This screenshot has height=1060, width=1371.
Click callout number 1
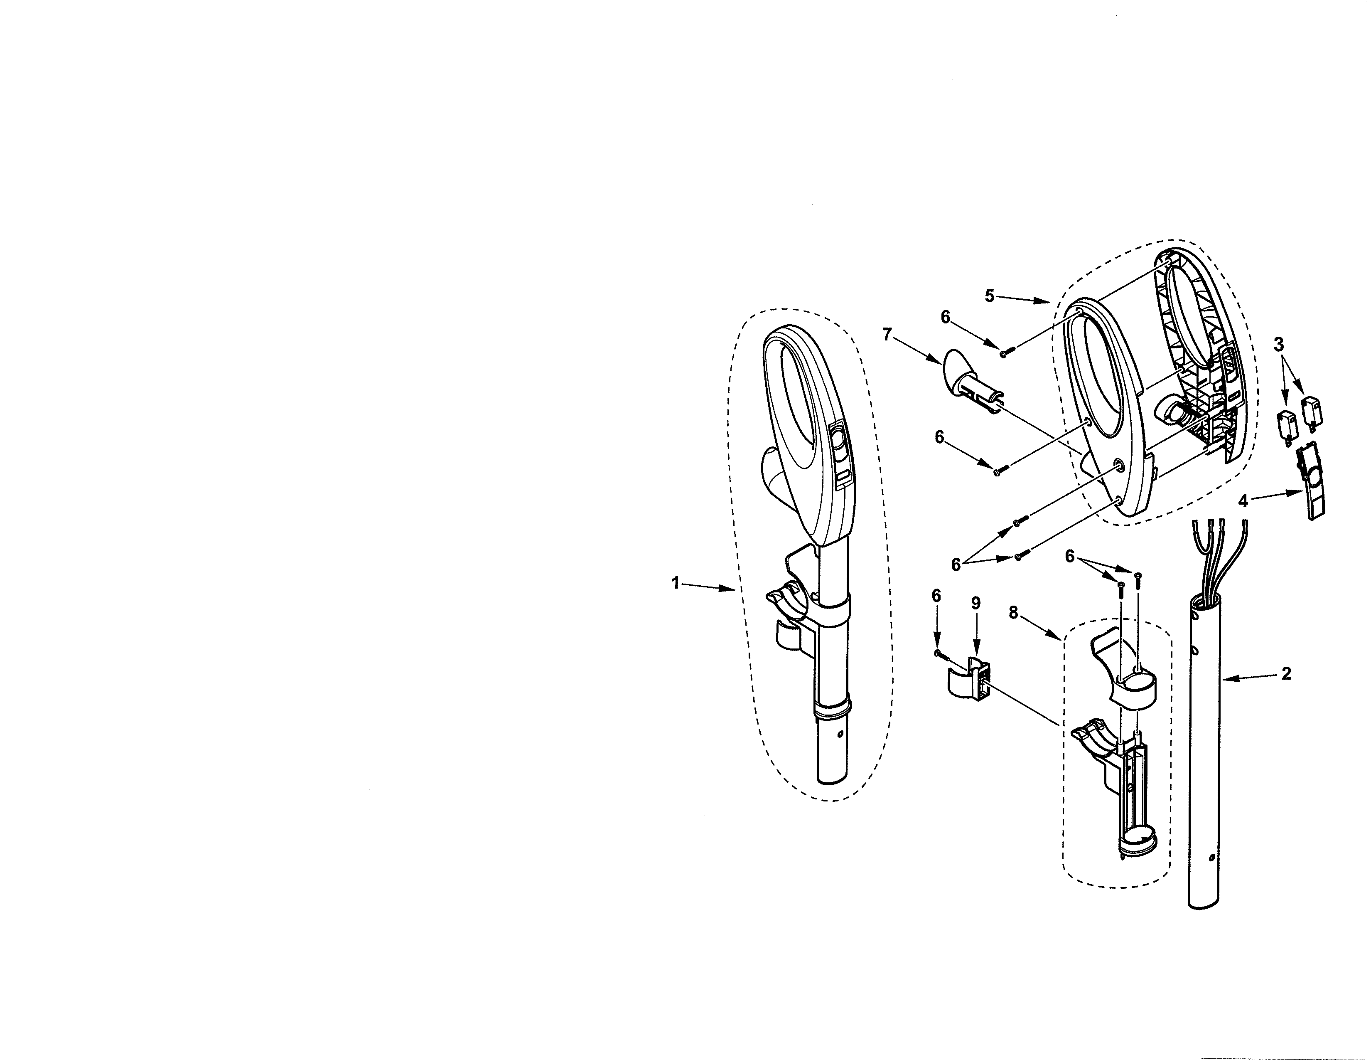676,583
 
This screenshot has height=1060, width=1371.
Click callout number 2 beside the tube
1286,674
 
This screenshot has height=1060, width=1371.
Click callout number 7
887,335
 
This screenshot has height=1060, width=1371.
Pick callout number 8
1013,613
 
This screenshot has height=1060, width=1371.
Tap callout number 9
975,603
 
